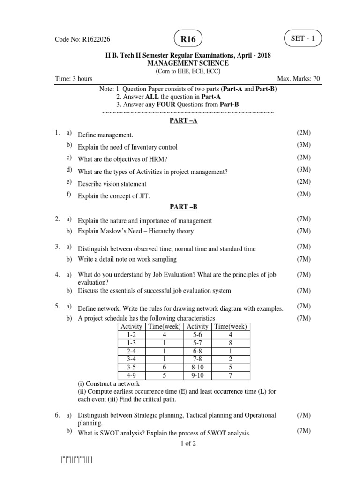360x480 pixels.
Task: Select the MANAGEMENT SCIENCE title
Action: point(188,63)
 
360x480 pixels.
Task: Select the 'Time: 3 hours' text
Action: point(73,79)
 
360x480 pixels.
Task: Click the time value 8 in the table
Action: point(230,342)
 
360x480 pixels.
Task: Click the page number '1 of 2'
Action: point(187,443)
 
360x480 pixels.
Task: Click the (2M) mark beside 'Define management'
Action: point(304,134)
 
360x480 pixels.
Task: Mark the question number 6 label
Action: point(57,415)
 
